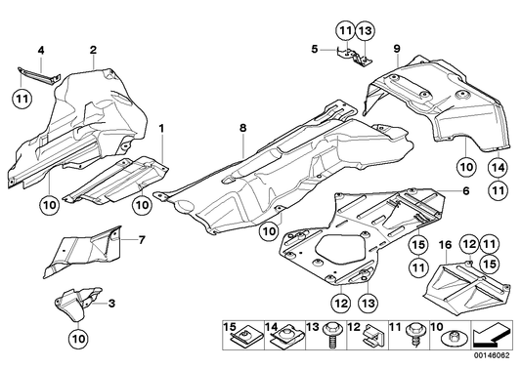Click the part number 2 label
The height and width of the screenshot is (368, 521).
coord(93,49)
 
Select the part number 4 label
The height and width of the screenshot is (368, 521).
coord(41,49)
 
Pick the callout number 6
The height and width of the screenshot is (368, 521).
coord(466,190)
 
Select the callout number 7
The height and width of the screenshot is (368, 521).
coord(142,239)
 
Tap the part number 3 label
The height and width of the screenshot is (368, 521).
coord(112,305)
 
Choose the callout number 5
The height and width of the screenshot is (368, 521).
coord(315,47)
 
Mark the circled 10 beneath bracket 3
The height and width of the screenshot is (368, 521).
coord(77,339)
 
